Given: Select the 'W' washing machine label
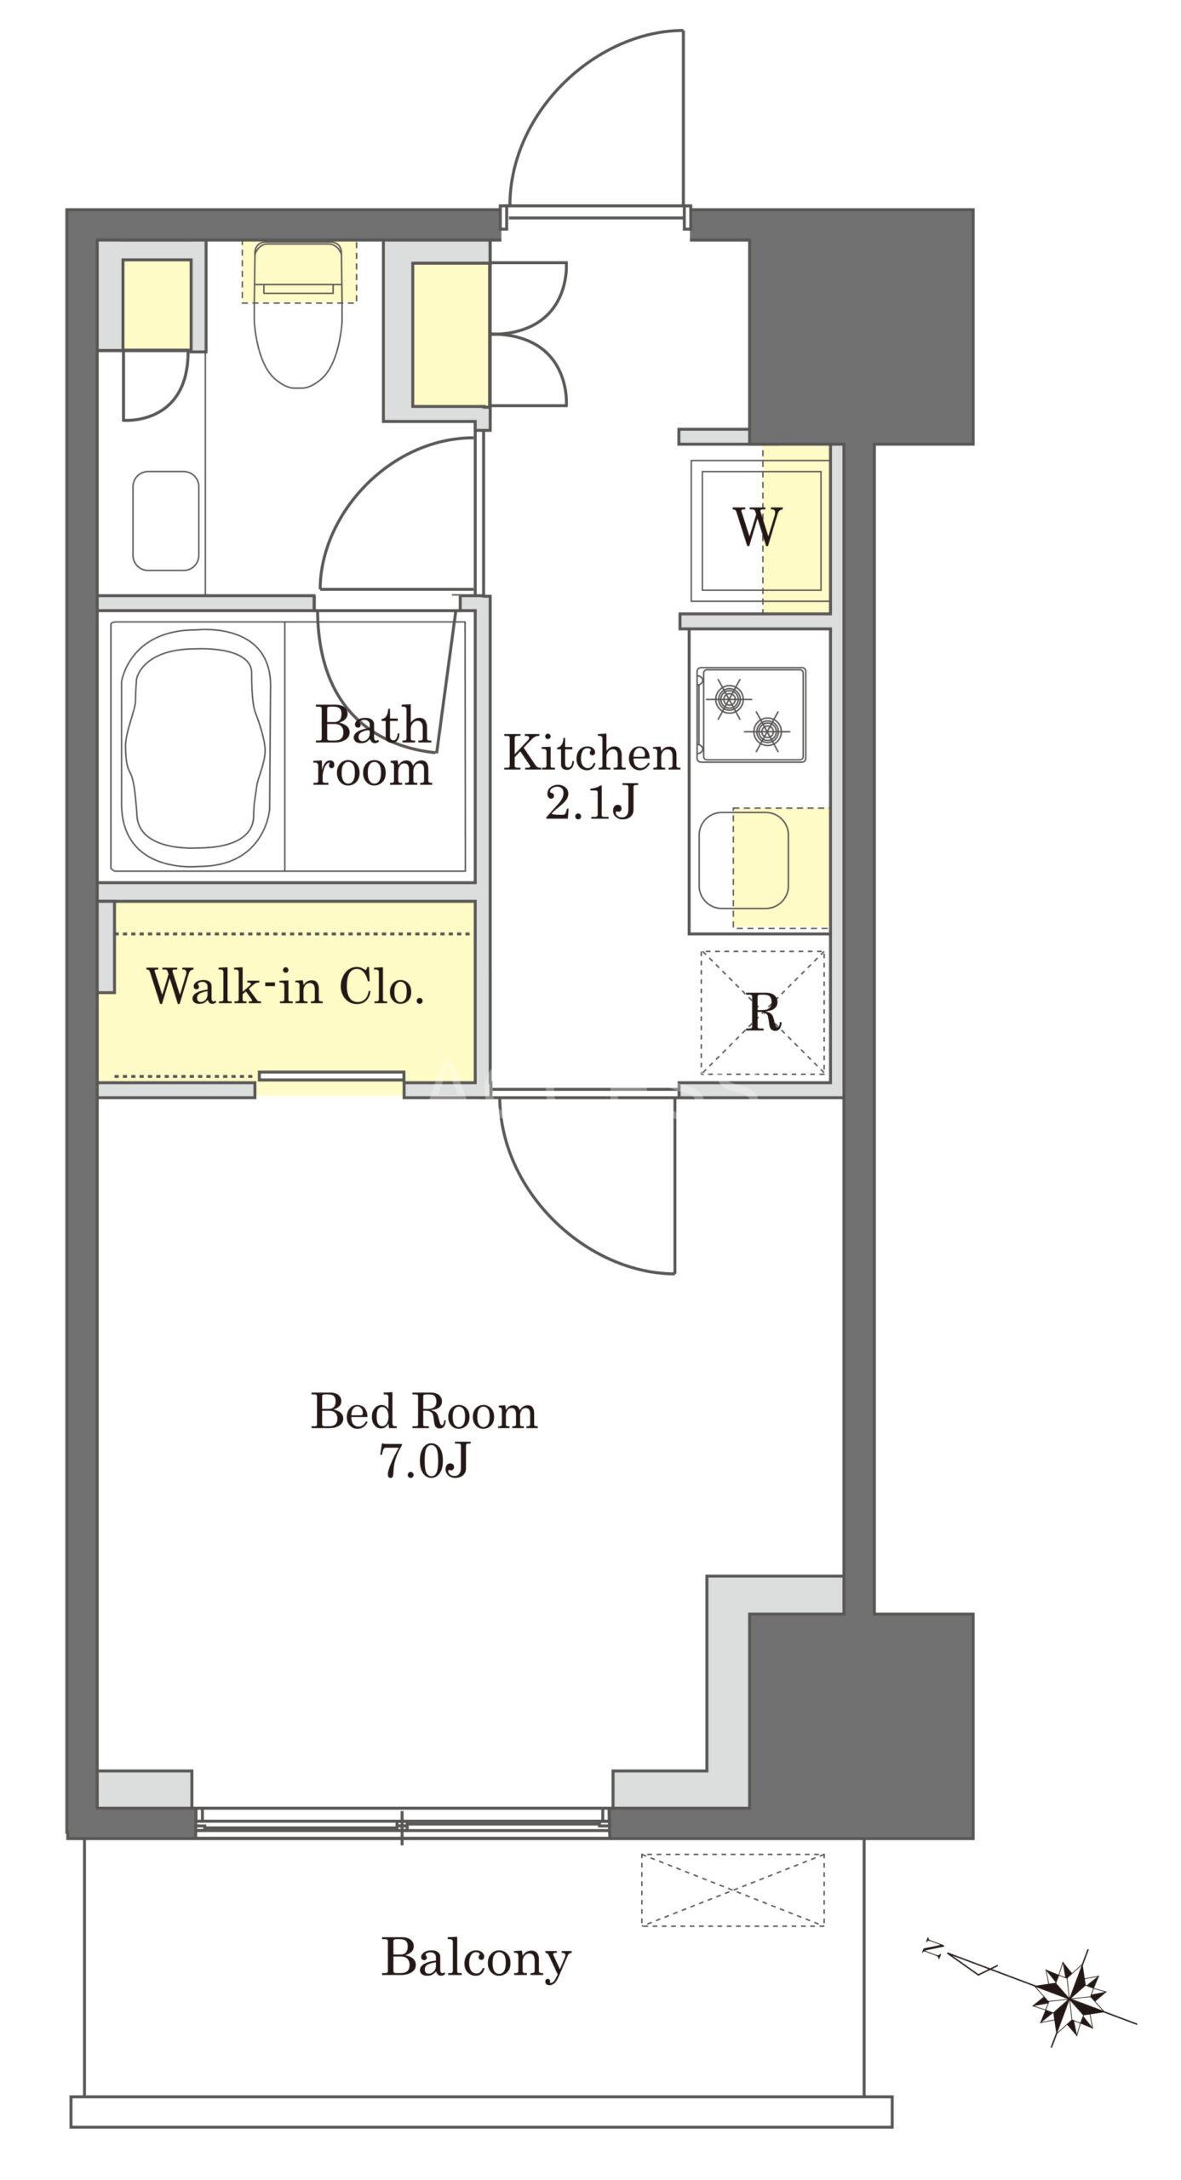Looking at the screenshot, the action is (x=758, y=527).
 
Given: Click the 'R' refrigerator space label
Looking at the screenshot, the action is (x=763, y=1012).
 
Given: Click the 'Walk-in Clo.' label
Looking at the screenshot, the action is (x=285, y=987).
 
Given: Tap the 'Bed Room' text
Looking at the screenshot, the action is (x=424, y=1411).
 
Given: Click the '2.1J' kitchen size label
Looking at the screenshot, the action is (x=591, y=802).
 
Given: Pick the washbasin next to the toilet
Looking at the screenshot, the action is (x=166, y=520).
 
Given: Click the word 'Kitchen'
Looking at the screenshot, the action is (x=592, y=754).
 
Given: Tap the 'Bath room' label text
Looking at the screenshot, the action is (x=373, y=745).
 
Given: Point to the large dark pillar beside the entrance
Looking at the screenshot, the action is (x=860, y=326).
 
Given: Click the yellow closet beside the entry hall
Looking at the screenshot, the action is (x=450, y=334).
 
